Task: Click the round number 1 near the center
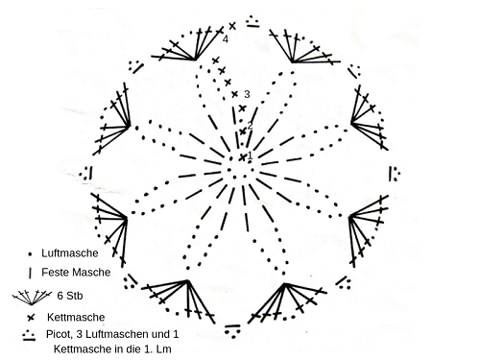coord(251,156)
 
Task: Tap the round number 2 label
coord(250,126)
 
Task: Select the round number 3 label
coord(247,94)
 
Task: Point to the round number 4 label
coord(226,39)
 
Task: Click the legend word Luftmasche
coord(70,253)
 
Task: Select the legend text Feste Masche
coord(76,273)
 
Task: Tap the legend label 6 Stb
coord(70,296)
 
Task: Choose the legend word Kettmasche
coord(76,317)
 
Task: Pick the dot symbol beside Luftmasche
coord(30,254)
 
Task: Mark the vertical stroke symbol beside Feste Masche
coord(30,273)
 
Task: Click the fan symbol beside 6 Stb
coord(32,298)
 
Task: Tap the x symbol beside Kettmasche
coord(31,318)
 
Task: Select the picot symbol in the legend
coord(29,335)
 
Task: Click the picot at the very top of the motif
coord(252,21)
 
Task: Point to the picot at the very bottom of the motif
coord(232,331)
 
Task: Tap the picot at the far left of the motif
coord(86,173)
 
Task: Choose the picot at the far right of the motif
coord(395,174)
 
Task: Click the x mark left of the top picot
coord(232,26)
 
